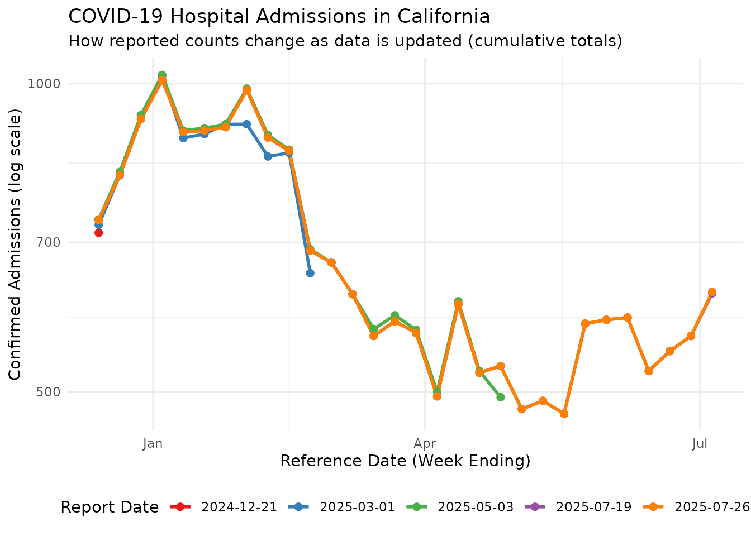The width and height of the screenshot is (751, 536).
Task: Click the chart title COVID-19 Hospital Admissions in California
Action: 279,17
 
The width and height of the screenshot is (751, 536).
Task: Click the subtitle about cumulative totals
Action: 345,41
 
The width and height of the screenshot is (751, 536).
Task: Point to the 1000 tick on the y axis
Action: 44,84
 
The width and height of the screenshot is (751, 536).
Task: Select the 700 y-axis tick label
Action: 47,242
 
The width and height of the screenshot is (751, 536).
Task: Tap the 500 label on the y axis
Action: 47,392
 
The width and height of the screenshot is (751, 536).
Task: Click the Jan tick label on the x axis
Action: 153,444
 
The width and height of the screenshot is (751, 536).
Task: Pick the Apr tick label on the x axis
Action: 425,444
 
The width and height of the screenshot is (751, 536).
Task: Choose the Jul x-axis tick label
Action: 700,444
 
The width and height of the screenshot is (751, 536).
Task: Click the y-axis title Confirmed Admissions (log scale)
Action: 16,244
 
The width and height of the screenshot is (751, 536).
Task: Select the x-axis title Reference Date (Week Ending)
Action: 405,461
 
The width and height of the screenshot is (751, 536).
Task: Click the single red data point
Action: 98,233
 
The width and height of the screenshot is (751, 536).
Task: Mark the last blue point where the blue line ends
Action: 310,273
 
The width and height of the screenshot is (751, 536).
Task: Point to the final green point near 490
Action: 501,397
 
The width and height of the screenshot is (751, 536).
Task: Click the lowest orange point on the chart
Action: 564,414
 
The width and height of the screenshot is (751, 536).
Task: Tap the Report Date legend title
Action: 110,507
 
